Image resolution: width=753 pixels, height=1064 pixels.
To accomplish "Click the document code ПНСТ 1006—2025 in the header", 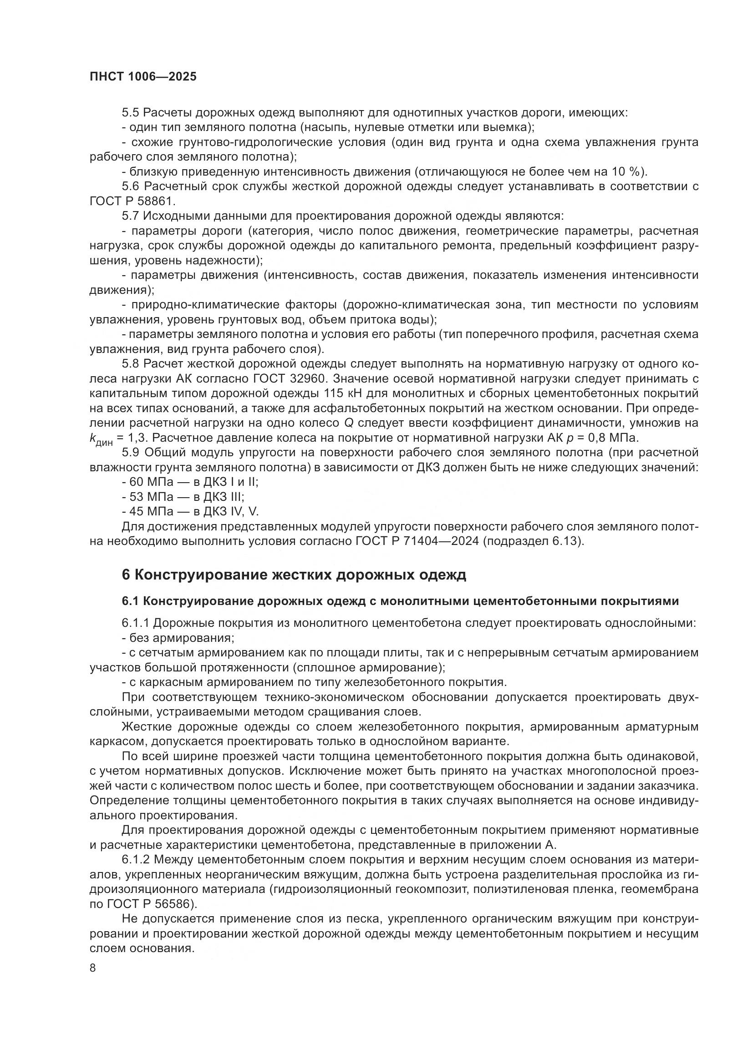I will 143,77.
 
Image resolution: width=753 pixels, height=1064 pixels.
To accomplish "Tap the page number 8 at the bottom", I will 93,968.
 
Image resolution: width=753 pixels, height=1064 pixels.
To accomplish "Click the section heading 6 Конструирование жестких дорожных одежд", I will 294,575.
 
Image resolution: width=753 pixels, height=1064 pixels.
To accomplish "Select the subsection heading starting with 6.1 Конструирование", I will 400,601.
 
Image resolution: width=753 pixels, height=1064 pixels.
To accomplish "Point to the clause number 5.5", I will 131,113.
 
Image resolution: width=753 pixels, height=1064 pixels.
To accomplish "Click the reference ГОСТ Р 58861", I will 132,202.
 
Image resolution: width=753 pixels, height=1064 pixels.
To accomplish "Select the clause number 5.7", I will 131,216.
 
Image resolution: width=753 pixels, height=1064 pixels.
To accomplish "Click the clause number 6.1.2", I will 136,860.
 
